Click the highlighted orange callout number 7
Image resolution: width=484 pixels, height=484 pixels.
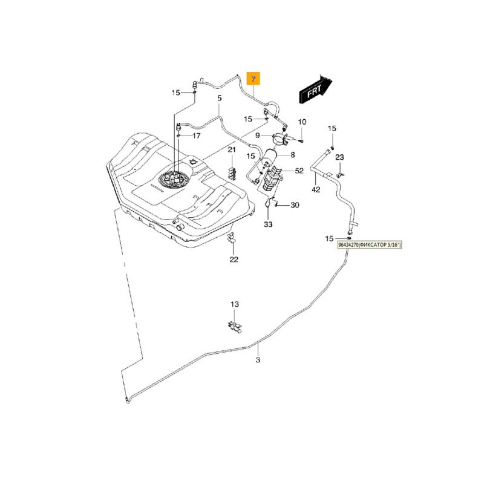(x=253, y=79)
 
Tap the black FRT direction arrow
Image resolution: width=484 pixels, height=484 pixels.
(x=315, y=90)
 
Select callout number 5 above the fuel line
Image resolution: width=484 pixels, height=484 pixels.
(x=220, y=98)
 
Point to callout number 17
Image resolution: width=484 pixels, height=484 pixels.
(x=197, y=136)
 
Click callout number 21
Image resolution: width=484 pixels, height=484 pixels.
(x=232, y=149)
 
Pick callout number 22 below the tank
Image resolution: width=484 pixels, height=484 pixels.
(x=234, y=260)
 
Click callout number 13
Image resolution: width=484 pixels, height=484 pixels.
(x=235, y=304)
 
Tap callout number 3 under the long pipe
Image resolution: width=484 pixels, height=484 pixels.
(x=258, y=360)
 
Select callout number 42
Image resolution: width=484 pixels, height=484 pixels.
(x=316, y=189)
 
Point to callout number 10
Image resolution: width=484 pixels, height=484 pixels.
(x=302, y=122)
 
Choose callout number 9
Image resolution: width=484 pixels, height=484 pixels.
(x=258, y=135)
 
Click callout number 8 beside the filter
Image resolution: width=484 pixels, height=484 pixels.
(x=293, y=155)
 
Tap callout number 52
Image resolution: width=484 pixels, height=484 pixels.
(x=299, y=171)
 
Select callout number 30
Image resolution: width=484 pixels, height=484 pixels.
(x=295, y=205)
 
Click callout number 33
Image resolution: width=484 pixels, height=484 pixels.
(x=268, y=224)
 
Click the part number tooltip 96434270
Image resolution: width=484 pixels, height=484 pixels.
(x=370, y=245)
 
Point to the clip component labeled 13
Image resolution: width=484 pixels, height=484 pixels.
(x=235, y=327)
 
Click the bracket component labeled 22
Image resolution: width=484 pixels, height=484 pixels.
(x=232, y=238)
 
